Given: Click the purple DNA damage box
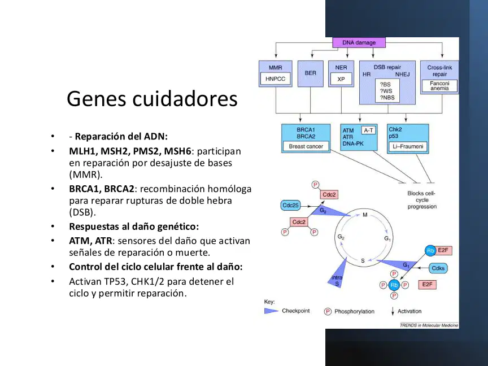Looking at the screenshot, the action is [359, 42].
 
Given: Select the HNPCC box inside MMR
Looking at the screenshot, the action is [276, 79].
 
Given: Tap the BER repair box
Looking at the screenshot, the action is [310, 73].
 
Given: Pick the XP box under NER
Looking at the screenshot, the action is [341, 79].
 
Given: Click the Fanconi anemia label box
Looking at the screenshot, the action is [439, 86].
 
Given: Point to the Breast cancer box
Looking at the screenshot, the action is [306, 146].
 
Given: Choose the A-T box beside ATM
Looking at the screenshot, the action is [368, 130].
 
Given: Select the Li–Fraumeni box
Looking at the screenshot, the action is [408, 146].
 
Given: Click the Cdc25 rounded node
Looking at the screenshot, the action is [290, 206].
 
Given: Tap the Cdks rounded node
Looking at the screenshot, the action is [438, 268].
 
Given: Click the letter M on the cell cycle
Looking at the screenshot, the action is [365, 215].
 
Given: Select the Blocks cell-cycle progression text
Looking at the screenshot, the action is [422, 200].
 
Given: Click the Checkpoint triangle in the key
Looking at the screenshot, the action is [271, 311].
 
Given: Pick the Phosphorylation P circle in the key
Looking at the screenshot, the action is [328, 311].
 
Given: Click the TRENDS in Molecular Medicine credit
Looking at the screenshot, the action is [429, 325].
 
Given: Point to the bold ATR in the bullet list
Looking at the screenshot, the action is [103, 241].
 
